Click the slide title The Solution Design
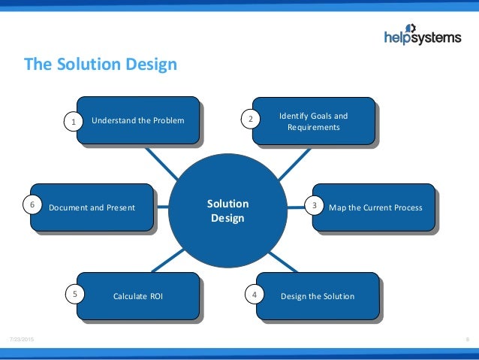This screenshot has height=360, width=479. [x=101, y=65]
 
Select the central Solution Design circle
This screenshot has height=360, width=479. [x=227, y=211]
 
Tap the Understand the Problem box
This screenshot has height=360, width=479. [x=138, y=120]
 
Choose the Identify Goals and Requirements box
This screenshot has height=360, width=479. [x=313, y=121]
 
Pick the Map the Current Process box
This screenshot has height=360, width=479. [x=374, y=207]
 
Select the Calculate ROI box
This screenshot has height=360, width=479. [x=138, y=296]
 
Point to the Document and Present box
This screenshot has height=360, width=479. [x=92, y=207]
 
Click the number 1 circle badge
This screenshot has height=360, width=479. [x=73, y=120]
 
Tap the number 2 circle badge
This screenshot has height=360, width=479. [x=249, y=119]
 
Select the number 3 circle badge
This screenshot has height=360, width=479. [x=314, y=205]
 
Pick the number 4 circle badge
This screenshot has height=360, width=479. [x=255, y=295]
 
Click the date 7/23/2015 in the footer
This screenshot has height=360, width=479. [x=20, y=340]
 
